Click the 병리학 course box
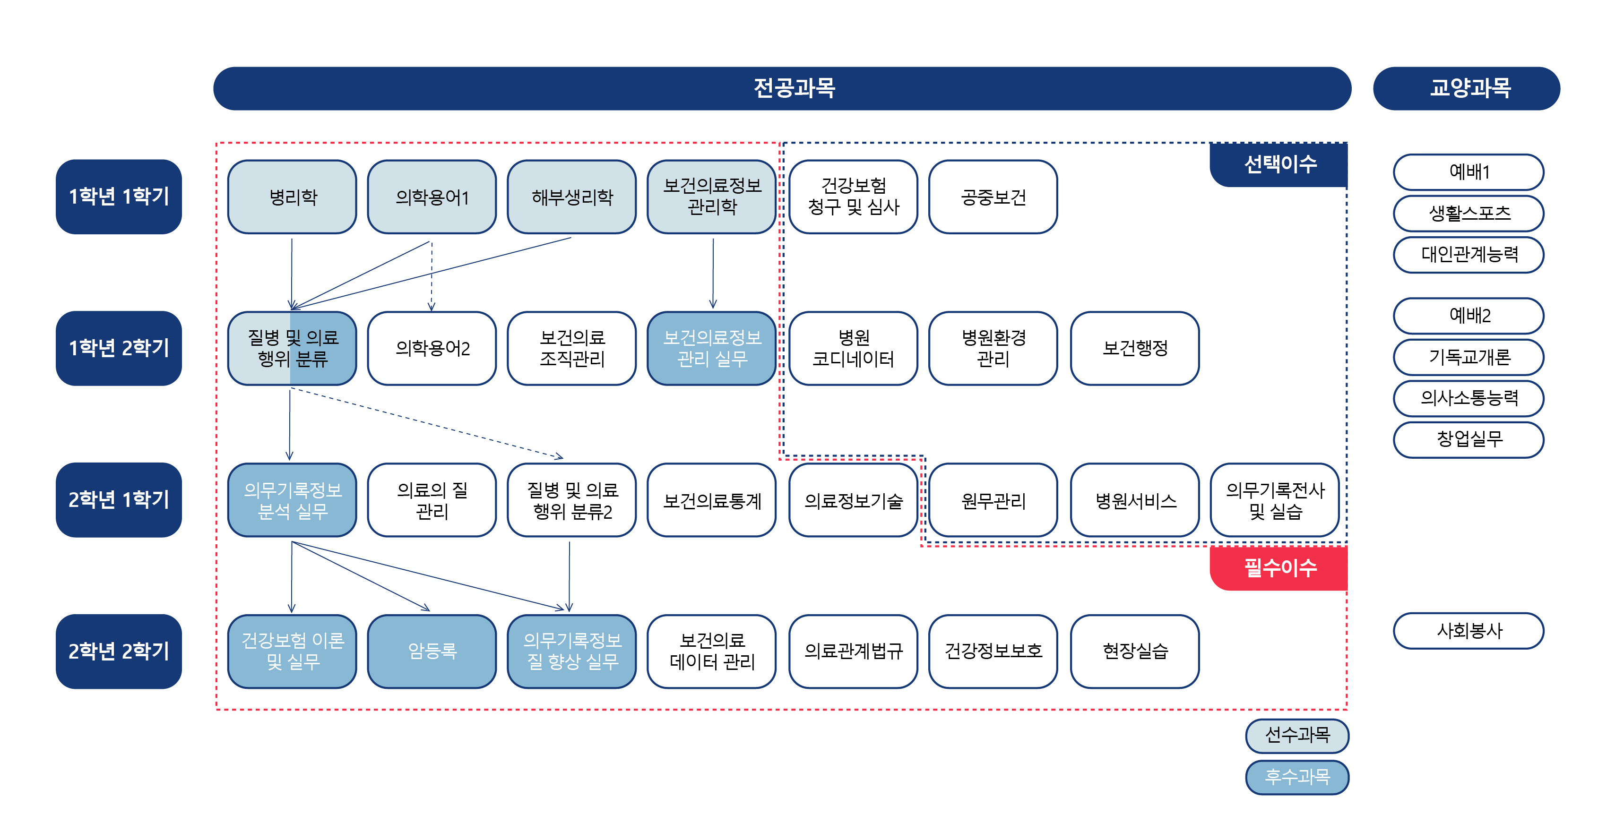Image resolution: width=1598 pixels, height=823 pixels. pyautogui.click(x=292, y=197)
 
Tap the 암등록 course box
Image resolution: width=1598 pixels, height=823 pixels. pyautogui.click(x=432, y=651)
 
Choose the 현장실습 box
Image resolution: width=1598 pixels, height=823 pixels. pyautogui.click(x=1135, y=651)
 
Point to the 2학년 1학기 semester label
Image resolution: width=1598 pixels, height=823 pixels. pyautogui.click(x=119, y=500)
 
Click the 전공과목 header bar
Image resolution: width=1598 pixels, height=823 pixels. pyautogui.click(x=782, y=88)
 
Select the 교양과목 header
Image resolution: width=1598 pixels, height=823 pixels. pyautogui.click(x=1467, y=88)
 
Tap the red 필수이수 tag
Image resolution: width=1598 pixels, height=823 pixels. pyautogui.click(x=1278, y=568)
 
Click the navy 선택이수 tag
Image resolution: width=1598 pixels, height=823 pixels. pyautogui.click(x=1278, y=165)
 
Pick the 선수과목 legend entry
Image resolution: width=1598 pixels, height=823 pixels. pyautogui.click(x=1297, y=736)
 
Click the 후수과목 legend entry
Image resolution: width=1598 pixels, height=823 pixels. pyautogui.click(x=1297, y=777)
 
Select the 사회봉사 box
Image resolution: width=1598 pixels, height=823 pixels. pyautogui.click(x=1468, y=631)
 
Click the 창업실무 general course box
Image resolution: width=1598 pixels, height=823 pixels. pyautogui.click(x=1468, y=440)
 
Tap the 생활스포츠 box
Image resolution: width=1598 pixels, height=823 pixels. pyautogui.click(x=1468, y=214)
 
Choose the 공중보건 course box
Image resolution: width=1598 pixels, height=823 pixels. pyautogui.click(x=993, y=197)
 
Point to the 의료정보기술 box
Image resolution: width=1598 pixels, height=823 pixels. pyautogui.click(x=853, y=500)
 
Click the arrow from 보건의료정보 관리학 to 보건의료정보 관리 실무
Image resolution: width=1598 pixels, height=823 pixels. pyautogui.click(x=713, y=274)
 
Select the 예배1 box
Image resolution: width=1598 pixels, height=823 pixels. pyautogui.click(x=1468, y=172)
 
